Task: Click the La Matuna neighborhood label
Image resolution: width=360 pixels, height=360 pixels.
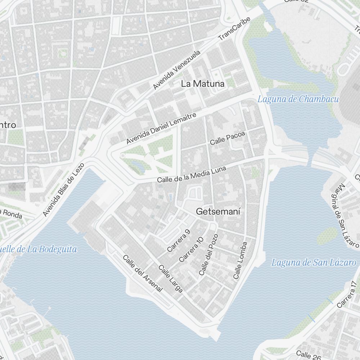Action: [x=203, y=84]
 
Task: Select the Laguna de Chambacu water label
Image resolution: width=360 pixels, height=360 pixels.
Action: [x=298, y=99]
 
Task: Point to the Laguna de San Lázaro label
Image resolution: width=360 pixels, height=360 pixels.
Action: [x=313, y=262]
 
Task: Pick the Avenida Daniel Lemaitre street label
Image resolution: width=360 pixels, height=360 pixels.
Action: [x=161, y=129]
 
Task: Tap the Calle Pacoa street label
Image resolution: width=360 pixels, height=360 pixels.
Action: [x=228, y=138]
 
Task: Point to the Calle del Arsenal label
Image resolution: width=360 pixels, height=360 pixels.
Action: [x=143, y=273]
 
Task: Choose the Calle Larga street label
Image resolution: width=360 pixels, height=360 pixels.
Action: [x=171, y=279]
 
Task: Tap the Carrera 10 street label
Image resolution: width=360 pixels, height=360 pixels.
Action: [x=191, y=249]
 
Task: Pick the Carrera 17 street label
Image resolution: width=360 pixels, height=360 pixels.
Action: [x=348, y=294]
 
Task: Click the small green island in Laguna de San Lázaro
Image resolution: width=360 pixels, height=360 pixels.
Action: [x=327, y=236]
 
